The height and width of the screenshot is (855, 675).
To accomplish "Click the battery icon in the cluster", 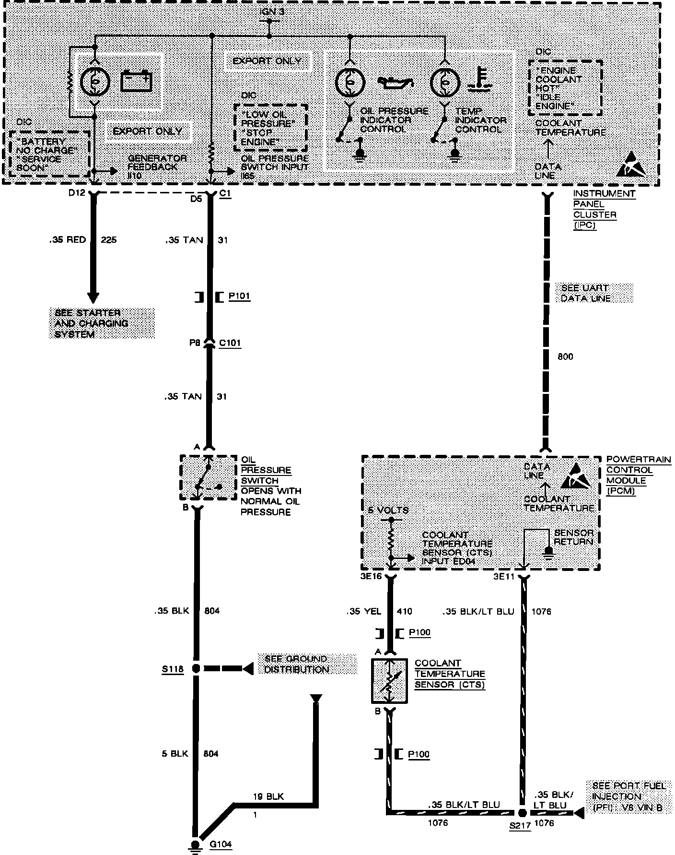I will [x=137, y=81].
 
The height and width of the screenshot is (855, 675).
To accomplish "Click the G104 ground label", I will [x=221, y=843].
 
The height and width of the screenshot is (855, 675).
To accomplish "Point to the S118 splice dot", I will [x=196, y=668].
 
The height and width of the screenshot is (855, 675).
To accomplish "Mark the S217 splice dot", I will [x=523, y=813].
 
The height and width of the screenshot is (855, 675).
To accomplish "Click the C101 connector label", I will [x=230, y=343].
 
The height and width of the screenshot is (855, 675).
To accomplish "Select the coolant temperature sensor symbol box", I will [x=389, y=681].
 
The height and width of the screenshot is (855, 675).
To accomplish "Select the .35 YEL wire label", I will [x=363, y=611].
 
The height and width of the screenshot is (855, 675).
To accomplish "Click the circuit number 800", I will [x=565, y=356].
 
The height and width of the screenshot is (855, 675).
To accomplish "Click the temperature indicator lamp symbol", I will [x=445, y=82].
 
